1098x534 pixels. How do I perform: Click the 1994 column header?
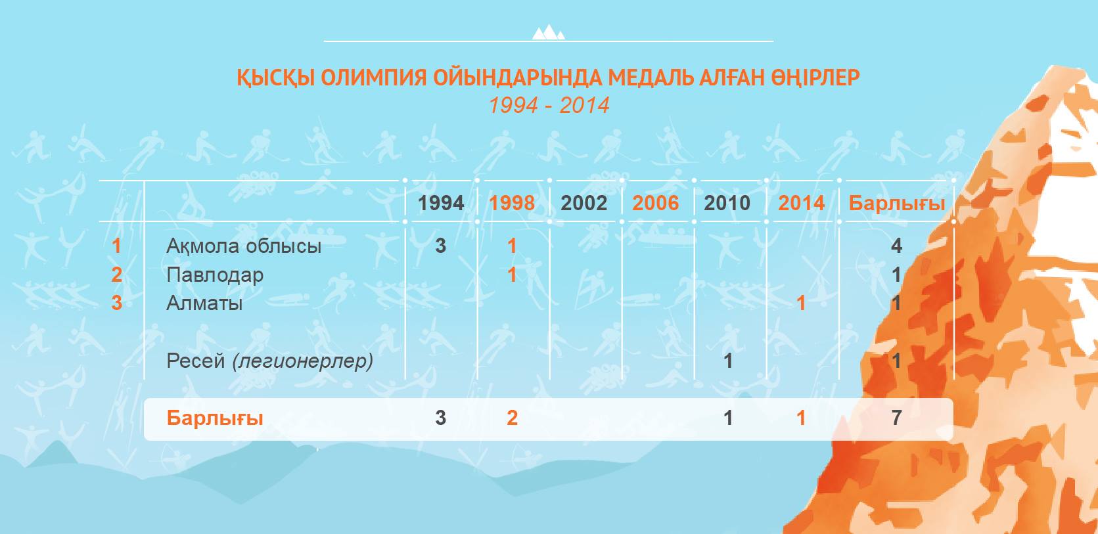point(441,203)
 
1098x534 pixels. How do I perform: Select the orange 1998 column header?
point(512,203)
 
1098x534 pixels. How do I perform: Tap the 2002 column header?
point(583,203)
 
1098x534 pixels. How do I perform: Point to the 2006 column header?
point(655,203)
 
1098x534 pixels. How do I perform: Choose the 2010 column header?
point(727,203)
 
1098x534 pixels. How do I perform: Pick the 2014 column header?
point(802,203)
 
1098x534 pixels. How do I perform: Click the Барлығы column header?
point(896,204)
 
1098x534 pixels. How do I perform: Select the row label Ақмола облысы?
point(244,246)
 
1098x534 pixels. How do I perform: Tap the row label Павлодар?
point(215,275)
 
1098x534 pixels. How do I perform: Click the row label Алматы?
point(204,303)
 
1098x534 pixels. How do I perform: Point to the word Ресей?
point(196,361)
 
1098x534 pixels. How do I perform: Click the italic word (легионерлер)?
point(303,361)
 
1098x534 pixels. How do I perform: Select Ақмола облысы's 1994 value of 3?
point(441,246)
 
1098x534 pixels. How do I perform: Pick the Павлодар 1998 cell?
point(512,275)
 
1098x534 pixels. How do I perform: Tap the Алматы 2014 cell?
point(801,303)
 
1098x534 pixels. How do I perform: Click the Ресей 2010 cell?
point(728,361)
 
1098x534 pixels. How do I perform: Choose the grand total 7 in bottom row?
point(896,418)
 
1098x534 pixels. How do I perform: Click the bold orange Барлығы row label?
point(215,418)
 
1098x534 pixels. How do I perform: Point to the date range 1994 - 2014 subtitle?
point(549,105)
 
